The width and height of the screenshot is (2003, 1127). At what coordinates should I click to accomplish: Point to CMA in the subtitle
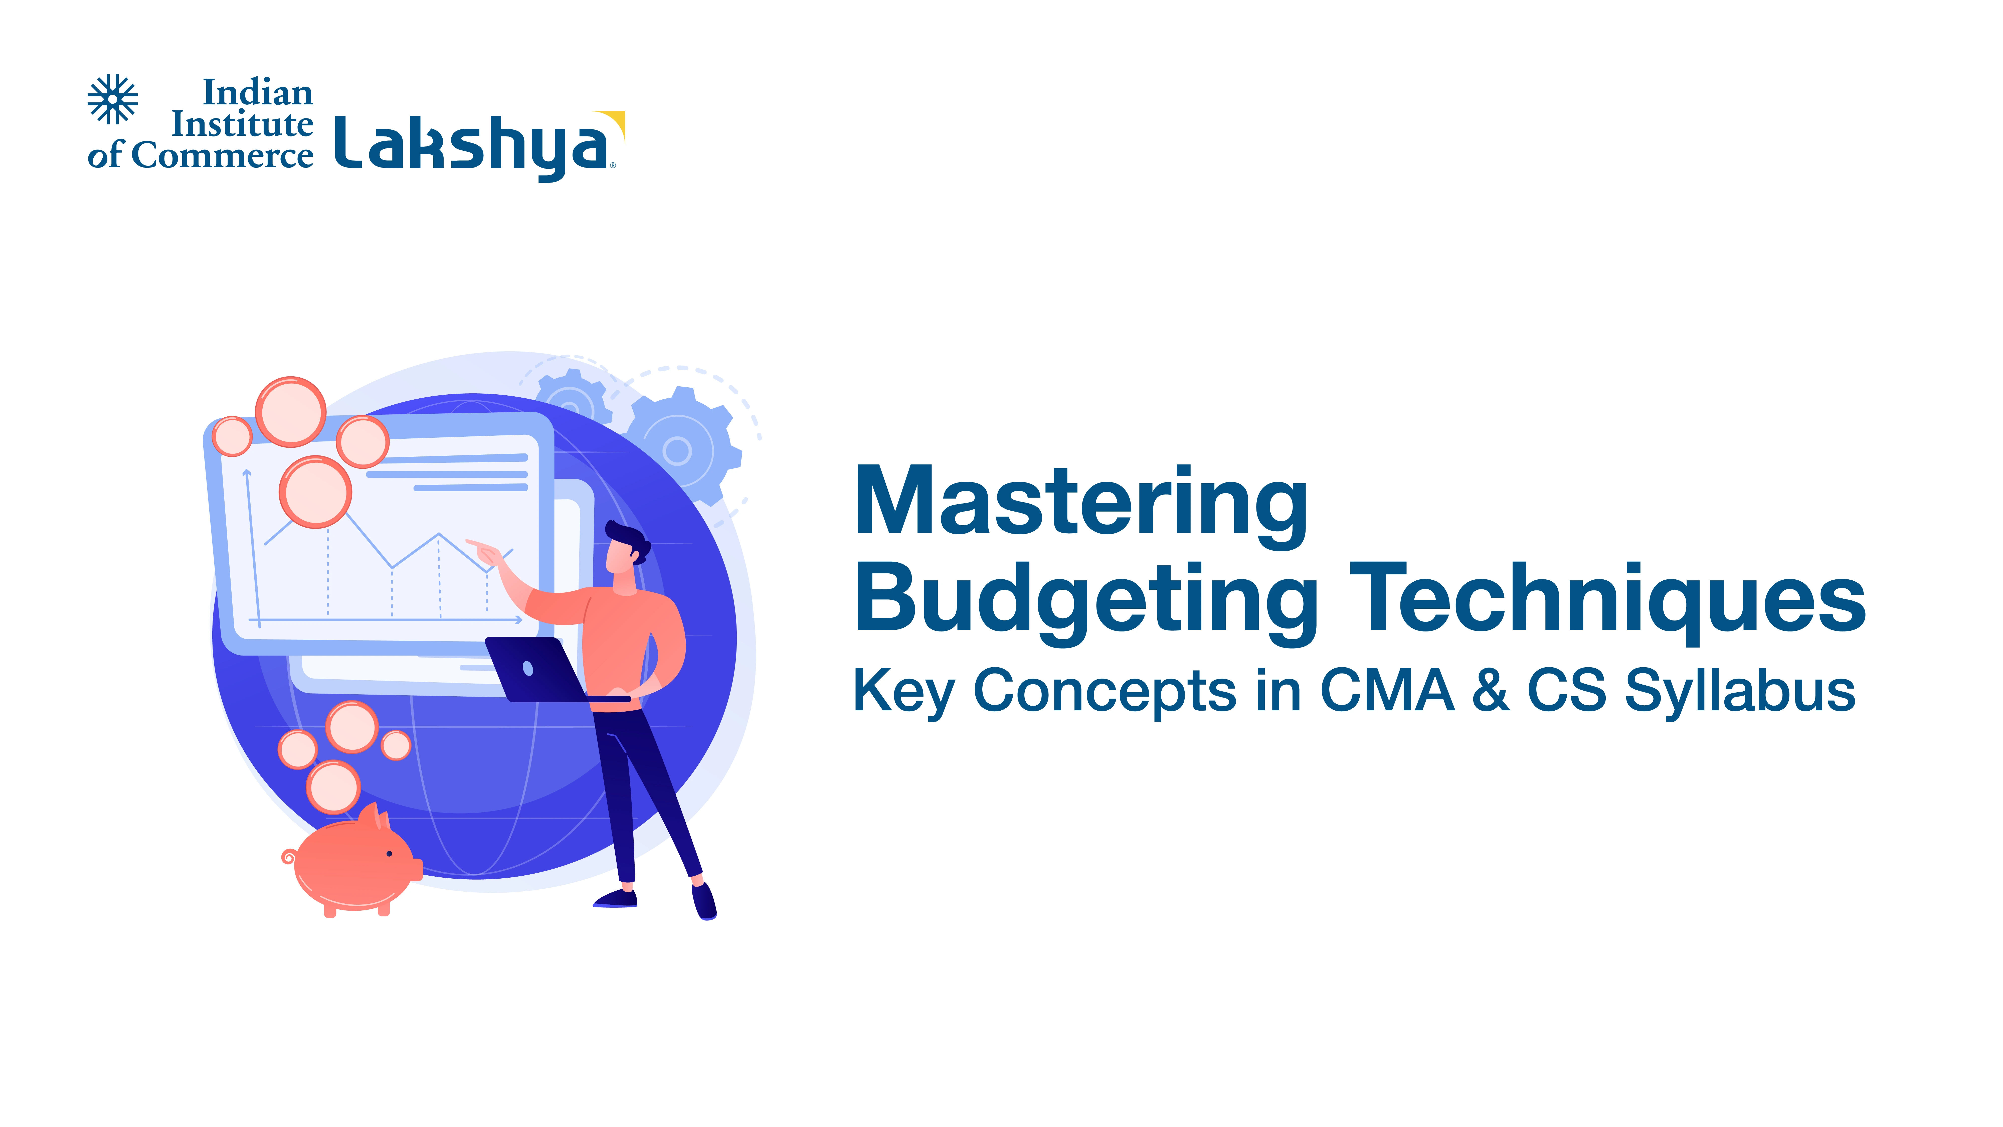1387,690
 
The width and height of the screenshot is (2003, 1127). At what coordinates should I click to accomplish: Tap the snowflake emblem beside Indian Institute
113,99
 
